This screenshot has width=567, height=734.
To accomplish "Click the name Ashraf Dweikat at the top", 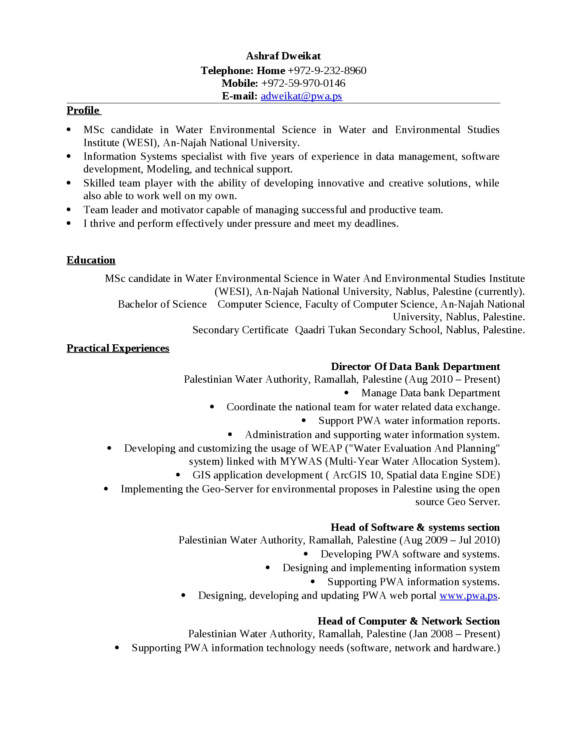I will coord(283,56).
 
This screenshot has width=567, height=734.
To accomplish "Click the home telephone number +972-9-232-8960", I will coord(327,71).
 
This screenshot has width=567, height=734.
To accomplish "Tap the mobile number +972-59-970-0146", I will coord(303,83).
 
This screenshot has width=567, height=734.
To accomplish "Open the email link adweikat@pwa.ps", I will coord(301,96).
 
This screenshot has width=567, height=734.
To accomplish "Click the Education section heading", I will coord(91,260).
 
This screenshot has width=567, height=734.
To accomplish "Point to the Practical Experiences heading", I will coord(118,348).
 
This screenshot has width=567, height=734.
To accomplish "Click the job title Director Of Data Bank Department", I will coord(415,366).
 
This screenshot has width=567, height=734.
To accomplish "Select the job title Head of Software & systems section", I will coord(415,527).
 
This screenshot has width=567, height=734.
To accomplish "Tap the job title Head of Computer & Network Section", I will coord(409,621).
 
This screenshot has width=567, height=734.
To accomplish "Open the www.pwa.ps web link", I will coord(468,596).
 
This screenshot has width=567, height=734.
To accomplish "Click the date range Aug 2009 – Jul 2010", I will coord(450,540).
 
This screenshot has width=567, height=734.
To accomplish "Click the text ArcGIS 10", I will coord(357,475).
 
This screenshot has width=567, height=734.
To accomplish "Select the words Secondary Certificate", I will coord(240,330).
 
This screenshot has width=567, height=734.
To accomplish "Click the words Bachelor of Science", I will coord(162,304).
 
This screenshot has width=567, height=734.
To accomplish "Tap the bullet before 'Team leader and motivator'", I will coord(69,210).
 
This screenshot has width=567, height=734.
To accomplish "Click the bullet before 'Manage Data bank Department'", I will coord(346,393).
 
